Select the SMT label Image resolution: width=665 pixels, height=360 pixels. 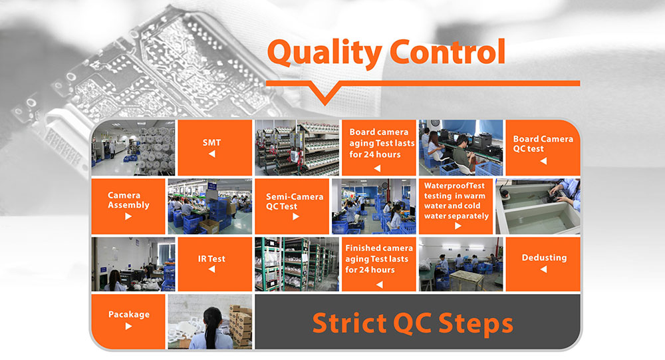(x=212, y=142)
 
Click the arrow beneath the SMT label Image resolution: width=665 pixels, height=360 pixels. (x=212, y=154)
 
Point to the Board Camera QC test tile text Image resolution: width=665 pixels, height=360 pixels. (x=543, y=144)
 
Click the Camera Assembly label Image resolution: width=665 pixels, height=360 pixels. (x=128, y=200)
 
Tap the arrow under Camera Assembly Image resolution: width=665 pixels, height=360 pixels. (x=128, y=217)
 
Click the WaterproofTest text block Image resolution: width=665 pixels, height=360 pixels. (x=456, y=201)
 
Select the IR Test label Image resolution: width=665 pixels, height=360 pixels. (x=212, y=258)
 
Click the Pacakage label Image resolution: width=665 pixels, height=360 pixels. (x=128, y=314)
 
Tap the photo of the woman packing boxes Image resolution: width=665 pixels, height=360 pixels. (x=209, y=322)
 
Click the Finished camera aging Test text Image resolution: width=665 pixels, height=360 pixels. (x=379, y=259)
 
